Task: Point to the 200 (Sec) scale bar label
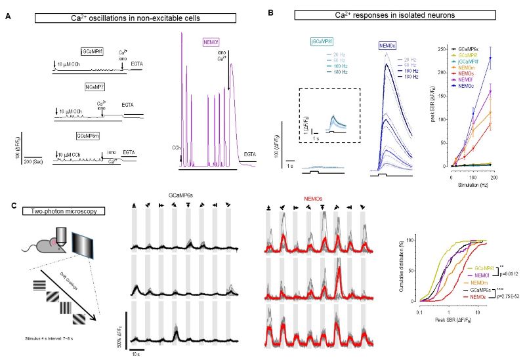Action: pos(34,160)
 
